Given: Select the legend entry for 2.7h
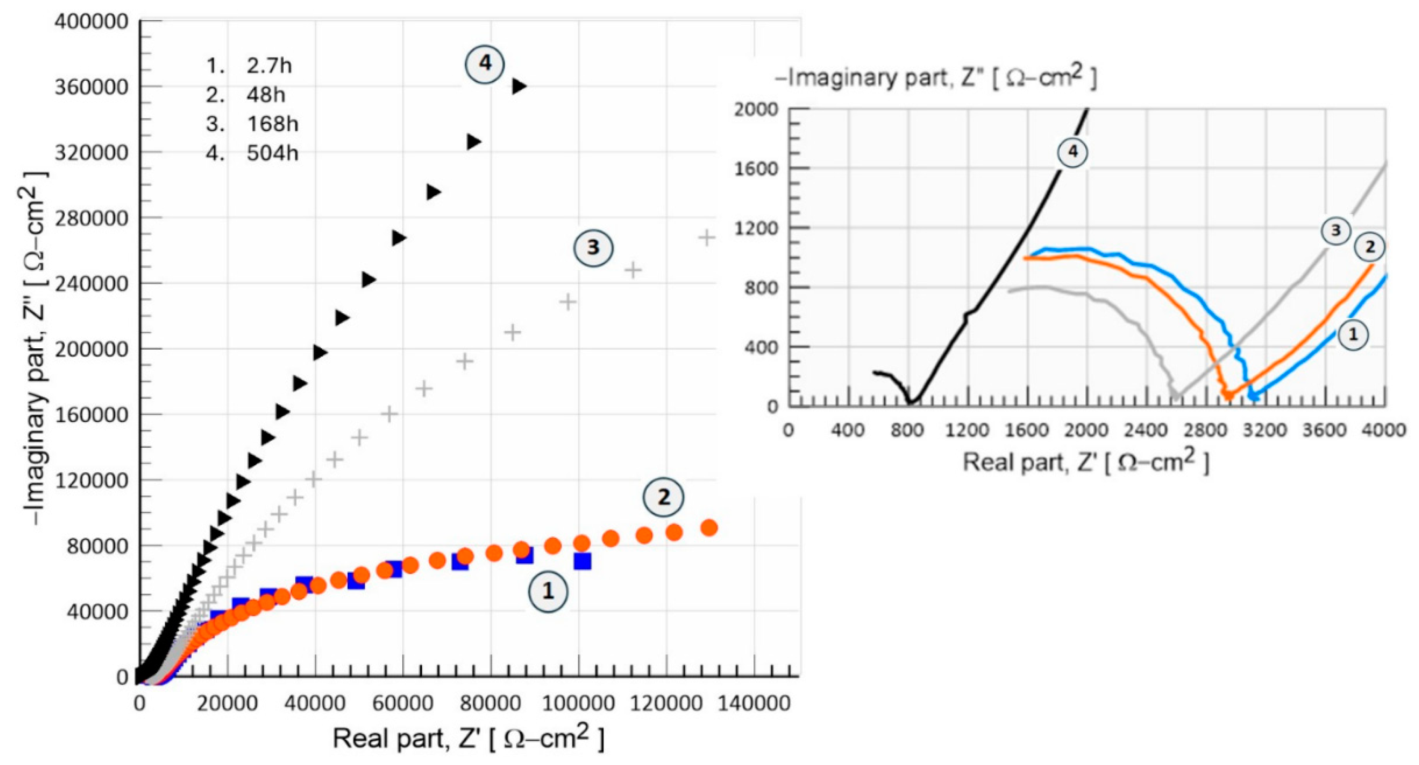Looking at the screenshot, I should click(269, 66).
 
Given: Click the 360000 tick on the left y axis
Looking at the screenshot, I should click(91, 87).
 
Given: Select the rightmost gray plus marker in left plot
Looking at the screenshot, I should click(707, 238).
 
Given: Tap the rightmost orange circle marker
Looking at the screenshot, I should click(709, 528).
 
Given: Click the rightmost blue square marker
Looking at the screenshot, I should click(582, 561).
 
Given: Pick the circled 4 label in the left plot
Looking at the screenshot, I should click(485, 63).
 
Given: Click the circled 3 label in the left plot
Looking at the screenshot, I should click(593, 247).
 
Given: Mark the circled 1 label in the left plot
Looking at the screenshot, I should click(548, 591).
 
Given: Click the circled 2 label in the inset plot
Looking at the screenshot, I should click(1370, 247).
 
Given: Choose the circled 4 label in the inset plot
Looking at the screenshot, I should click(1072, 152).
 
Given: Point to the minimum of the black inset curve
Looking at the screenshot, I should click(910, 402).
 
